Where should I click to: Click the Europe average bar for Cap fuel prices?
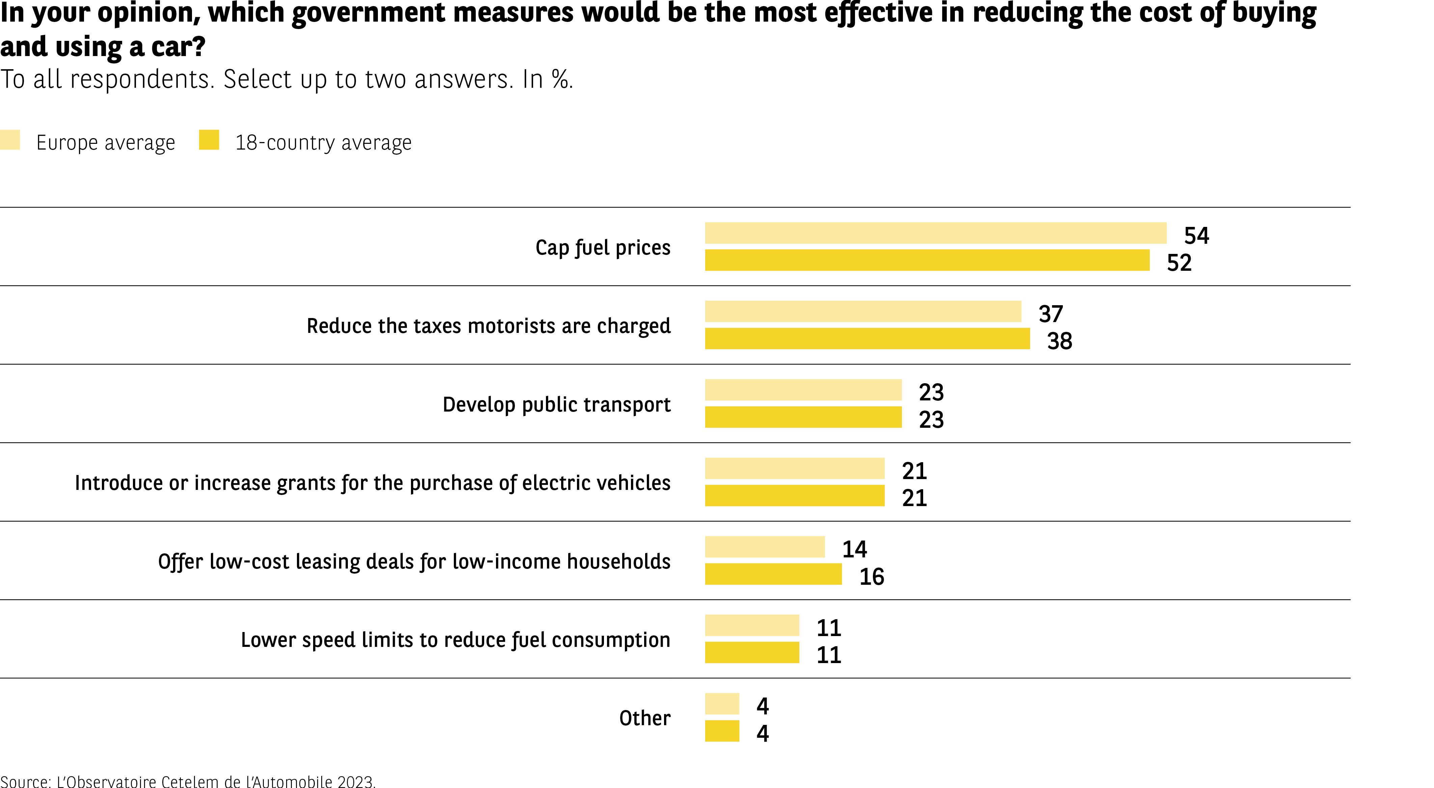(x=935, y=233)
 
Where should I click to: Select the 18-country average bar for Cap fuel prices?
(x=927, y=260)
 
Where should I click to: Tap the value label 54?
(x=1196, y=236)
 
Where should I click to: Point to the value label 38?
(x=1059, y=341)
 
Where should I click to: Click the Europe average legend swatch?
(x=10, y=140)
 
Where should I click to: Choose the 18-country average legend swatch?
(x=209, y=140)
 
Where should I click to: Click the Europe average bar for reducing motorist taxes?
(x=863, y=311)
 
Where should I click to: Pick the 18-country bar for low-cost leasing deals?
(x=773, y=574)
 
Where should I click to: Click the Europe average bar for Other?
(x=722, y=704)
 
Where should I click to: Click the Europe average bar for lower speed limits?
(x=751, y=625)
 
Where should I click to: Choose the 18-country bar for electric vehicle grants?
(x=794, y=496)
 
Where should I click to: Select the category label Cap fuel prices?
(x=603, y=247)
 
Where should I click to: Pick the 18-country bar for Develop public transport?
(x=803, y=417)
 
